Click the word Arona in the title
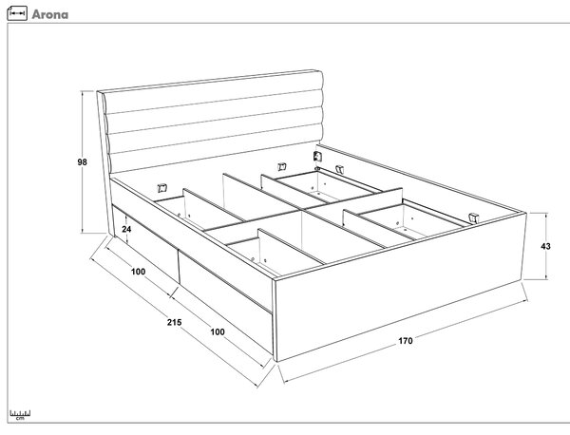(x=49, y=14)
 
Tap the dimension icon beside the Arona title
(x=17, y=13)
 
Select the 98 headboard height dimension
(x=82, y=161)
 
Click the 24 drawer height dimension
(x=126, y=229)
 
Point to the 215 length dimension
(x=174, y=322)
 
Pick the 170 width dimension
(x=406, y=341)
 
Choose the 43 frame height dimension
(x=545, y=246)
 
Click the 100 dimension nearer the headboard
(x=138, y=272)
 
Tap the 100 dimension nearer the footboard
(x=218, y=331)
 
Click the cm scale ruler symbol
(x=20, y=415)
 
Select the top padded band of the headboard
(x=213, y=92)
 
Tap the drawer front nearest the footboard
(x=225, y=302)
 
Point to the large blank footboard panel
(x=400, y=287)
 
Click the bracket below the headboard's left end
(x=162, y=188)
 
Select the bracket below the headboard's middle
(x=282, y=167)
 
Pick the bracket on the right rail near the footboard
(x=474, y=217)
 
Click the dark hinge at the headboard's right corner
(x=317, y=157)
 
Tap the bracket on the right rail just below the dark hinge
(x=339, y=169)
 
